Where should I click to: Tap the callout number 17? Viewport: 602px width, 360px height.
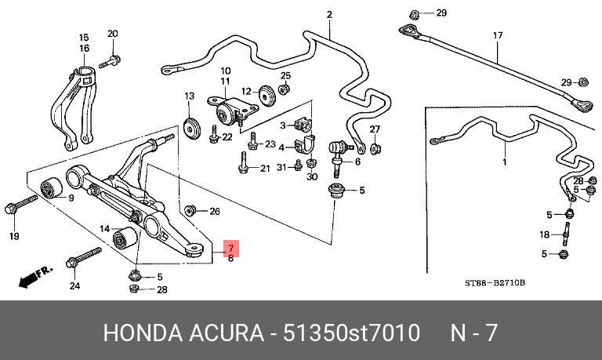[497, 36]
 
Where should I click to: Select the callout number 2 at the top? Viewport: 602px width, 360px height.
[329, 14]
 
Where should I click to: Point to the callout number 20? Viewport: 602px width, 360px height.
[112, 34]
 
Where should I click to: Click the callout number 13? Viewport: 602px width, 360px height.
[189, 96]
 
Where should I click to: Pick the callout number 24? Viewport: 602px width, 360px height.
[74, 285]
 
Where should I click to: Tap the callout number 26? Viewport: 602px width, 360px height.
[215, 211]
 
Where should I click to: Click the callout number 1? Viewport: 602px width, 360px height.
[505, 162]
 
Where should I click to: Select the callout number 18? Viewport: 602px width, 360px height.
[545, 235]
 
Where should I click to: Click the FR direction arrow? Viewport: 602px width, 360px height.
[34, 276]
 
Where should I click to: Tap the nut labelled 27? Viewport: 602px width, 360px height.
[375, 148]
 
